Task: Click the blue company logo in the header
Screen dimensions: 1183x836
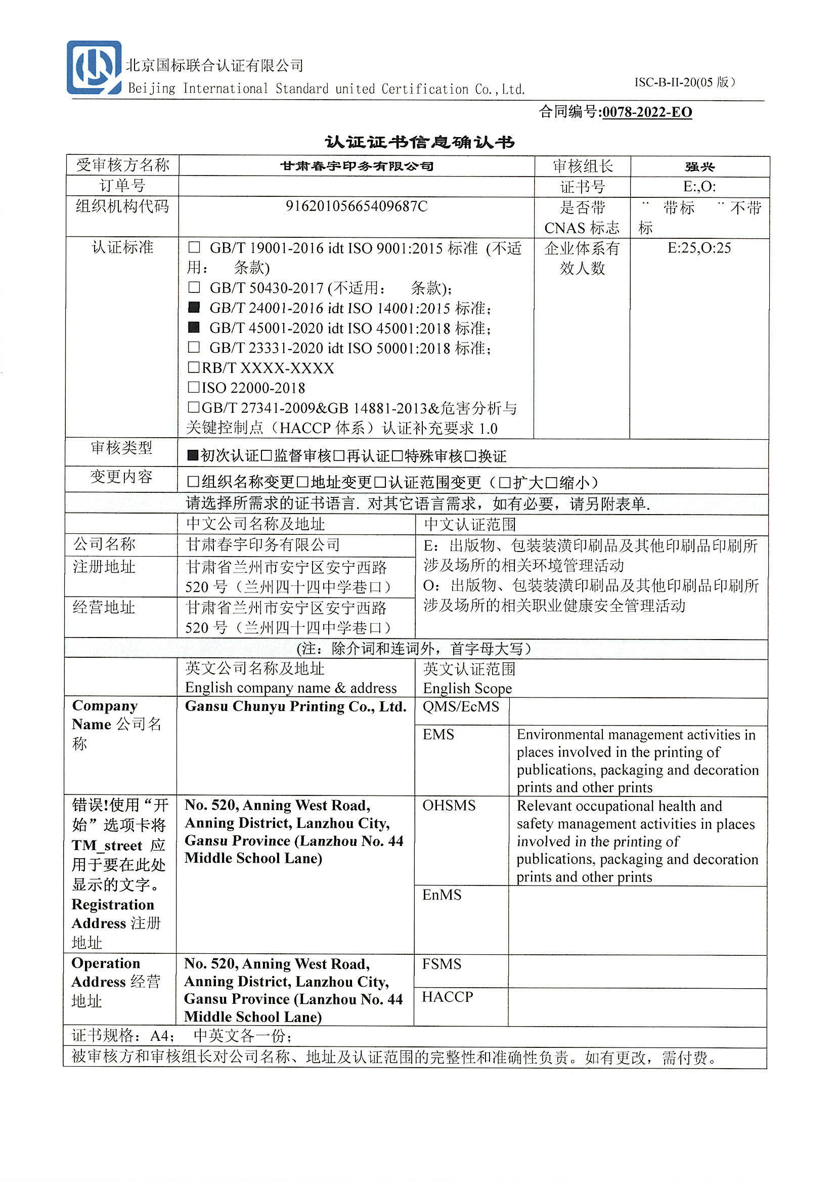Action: (x=94, y=67)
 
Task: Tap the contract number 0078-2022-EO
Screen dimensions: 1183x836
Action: (x=646, y=112)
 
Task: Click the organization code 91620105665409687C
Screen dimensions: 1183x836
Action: (x=357, y=206)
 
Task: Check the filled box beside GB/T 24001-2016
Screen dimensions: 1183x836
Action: (x=194, y=308)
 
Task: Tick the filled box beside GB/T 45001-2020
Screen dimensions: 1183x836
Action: (x=194, y=328)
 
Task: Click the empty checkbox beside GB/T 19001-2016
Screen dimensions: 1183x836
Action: (x=194, y=248)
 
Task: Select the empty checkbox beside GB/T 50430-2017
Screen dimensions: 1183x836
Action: (x=194, y=287)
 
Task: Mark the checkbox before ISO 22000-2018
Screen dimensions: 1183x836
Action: (x=194, y=387)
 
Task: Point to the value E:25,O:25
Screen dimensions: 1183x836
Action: (x=699, y=248)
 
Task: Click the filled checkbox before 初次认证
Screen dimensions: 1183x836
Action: (x=193, y=455)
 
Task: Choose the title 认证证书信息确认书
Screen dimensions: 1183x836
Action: (x=419, y=142)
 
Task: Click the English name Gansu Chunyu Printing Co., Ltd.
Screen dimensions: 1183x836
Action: (x=296, y=706)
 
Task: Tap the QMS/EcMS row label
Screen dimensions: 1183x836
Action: (x=461, y=706)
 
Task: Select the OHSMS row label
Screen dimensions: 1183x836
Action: (x=449, y=806)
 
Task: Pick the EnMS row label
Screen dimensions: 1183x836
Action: (x=442, y=895)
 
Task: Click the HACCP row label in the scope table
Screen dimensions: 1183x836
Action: (x=447, y=997)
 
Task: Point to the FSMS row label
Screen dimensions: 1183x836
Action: (x=442, y=964)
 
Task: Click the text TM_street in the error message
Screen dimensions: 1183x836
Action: (x=107, y=846)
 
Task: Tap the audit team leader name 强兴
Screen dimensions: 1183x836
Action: (x=699, y=166)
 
